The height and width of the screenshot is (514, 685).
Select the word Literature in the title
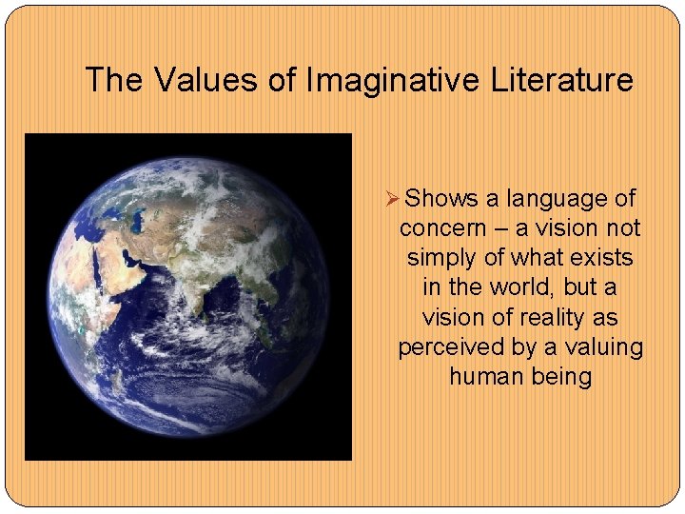561,80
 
